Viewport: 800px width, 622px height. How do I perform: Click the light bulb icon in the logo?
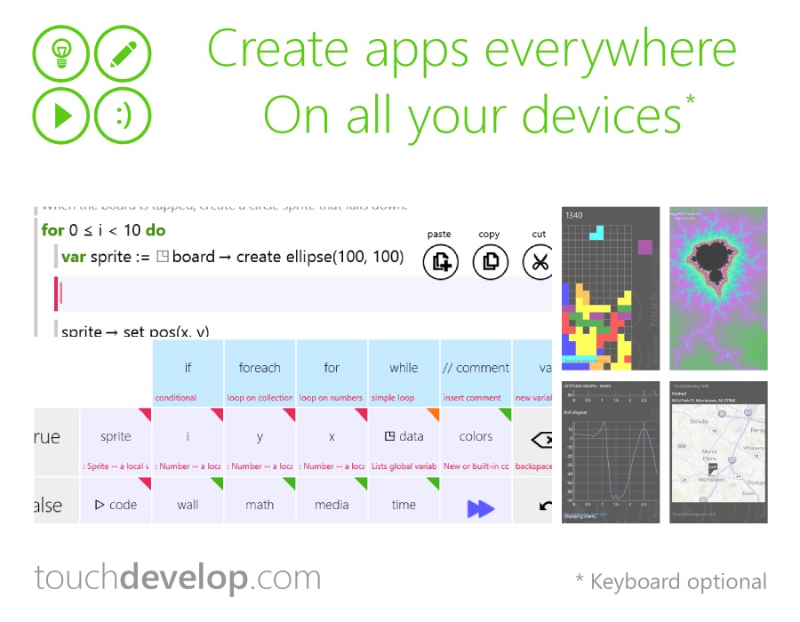(x=62, y=54)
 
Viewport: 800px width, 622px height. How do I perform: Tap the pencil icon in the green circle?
(x=123, y=54)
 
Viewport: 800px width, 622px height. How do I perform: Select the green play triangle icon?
(x=62, y=116)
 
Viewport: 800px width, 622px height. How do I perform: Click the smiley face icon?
(x=123, y=116)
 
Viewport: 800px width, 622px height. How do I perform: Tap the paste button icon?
(x=440, y=261)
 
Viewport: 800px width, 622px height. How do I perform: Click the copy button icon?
(x=490, y=261)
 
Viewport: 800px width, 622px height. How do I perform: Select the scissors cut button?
(x=539, y=261)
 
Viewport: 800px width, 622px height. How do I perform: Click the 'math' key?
(x=260, y=504)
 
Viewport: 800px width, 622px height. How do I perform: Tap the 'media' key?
(x=332, y=504)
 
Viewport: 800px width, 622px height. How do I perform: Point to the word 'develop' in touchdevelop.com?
(x=183, y=578)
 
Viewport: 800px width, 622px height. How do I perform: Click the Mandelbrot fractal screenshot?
(x=718, y=288)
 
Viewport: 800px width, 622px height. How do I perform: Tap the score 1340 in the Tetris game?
(x=575, y=215)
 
